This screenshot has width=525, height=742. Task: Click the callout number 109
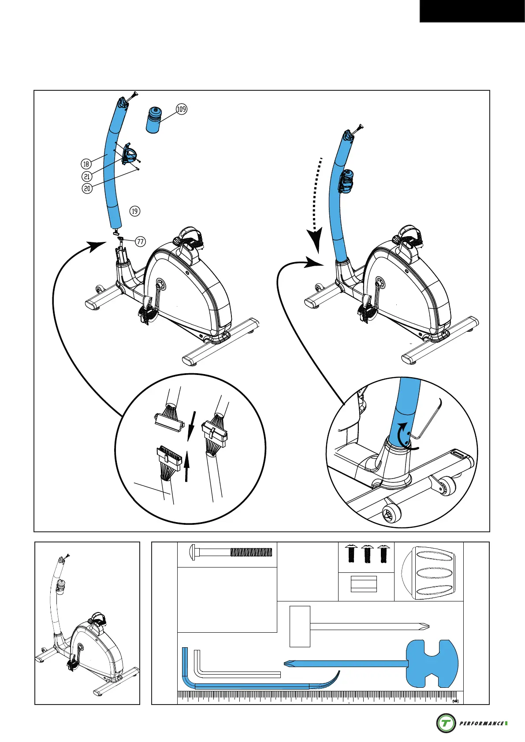click(x=182, y=109)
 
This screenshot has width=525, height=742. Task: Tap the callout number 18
click(x=86, y=164)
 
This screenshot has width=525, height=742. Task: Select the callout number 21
click(x=87, y=176)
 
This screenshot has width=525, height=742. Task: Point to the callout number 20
click(x=87, y=188)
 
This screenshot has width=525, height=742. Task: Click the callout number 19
click(x=134, y=211)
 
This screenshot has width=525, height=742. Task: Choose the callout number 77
click(x=140, y=241)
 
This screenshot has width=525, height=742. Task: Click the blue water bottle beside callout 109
click(x=153, y=119)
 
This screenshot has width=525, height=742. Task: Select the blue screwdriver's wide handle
click(x=432, y=663)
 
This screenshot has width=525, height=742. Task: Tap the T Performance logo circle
click(x=446, y=723)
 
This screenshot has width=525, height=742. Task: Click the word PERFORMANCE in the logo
click(x=481, y=723)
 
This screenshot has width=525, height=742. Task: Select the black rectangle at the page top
click(x=472, y=11)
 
